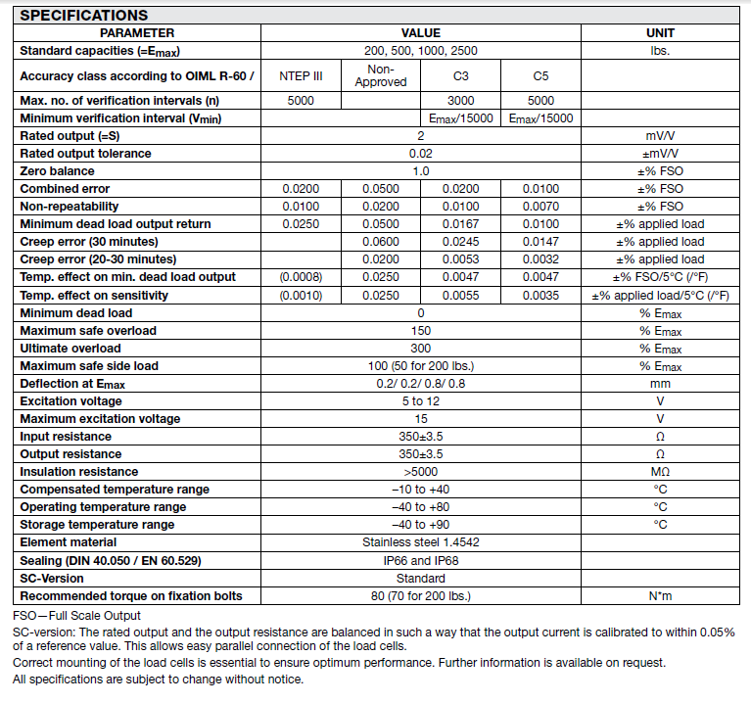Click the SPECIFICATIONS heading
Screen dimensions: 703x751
click(x=84, y=15)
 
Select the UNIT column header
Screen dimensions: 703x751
click(x=661, y=33)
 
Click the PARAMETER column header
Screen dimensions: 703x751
click(x=137, y=33)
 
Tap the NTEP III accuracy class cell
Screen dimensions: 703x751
click(x=301, y=75)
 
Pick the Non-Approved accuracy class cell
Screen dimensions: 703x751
click(x=380, y=75)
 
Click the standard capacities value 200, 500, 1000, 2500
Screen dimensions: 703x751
click(x=421, y=51)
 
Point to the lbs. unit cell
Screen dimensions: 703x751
click(x=661, y=51)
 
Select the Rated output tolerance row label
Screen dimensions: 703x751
click(x=86, y=154)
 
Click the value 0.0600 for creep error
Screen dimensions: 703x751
click(x=380, y=242)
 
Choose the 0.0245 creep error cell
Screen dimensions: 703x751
click(x=460, y=242)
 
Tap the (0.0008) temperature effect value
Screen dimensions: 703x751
click(x=301, y=277)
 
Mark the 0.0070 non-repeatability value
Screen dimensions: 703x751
click(x=541, y=207)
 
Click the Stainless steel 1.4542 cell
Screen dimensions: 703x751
click(x=421, y=542)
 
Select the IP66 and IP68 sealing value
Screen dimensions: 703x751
click(x=421, y=560)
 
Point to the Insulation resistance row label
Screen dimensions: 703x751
click(x=79, y=472)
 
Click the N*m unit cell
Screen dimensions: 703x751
click(x=661, y=595)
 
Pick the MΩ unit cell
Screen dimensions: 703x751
click(x=661, y=472)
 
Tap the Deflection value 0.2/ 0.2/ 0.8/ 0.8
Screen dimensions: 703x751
click(x=421, y=384)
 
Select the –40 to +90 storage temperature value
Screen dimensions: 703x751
click(x=421, y=525)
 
